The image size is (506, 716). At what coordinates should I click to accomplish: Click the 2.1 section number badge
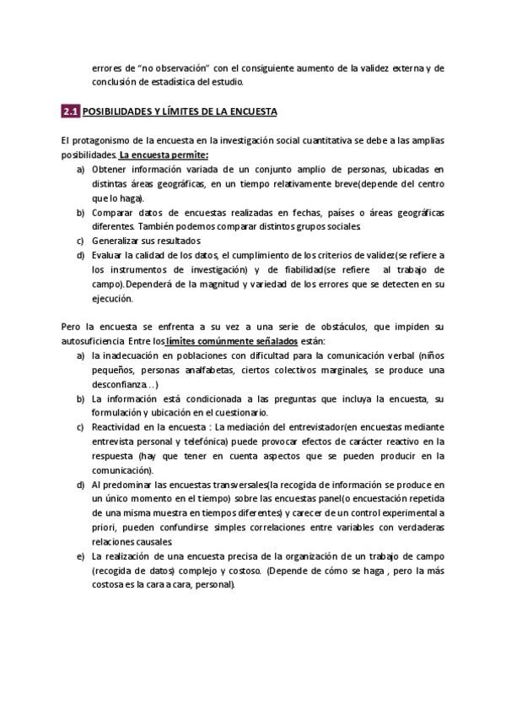70,111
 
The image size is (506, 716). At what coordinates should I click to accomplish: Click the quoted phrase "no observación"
168,68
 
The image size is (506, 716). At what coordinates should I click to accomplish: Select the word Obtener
110,170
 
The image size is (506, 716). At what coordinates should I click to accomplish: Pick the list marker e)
80,557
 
